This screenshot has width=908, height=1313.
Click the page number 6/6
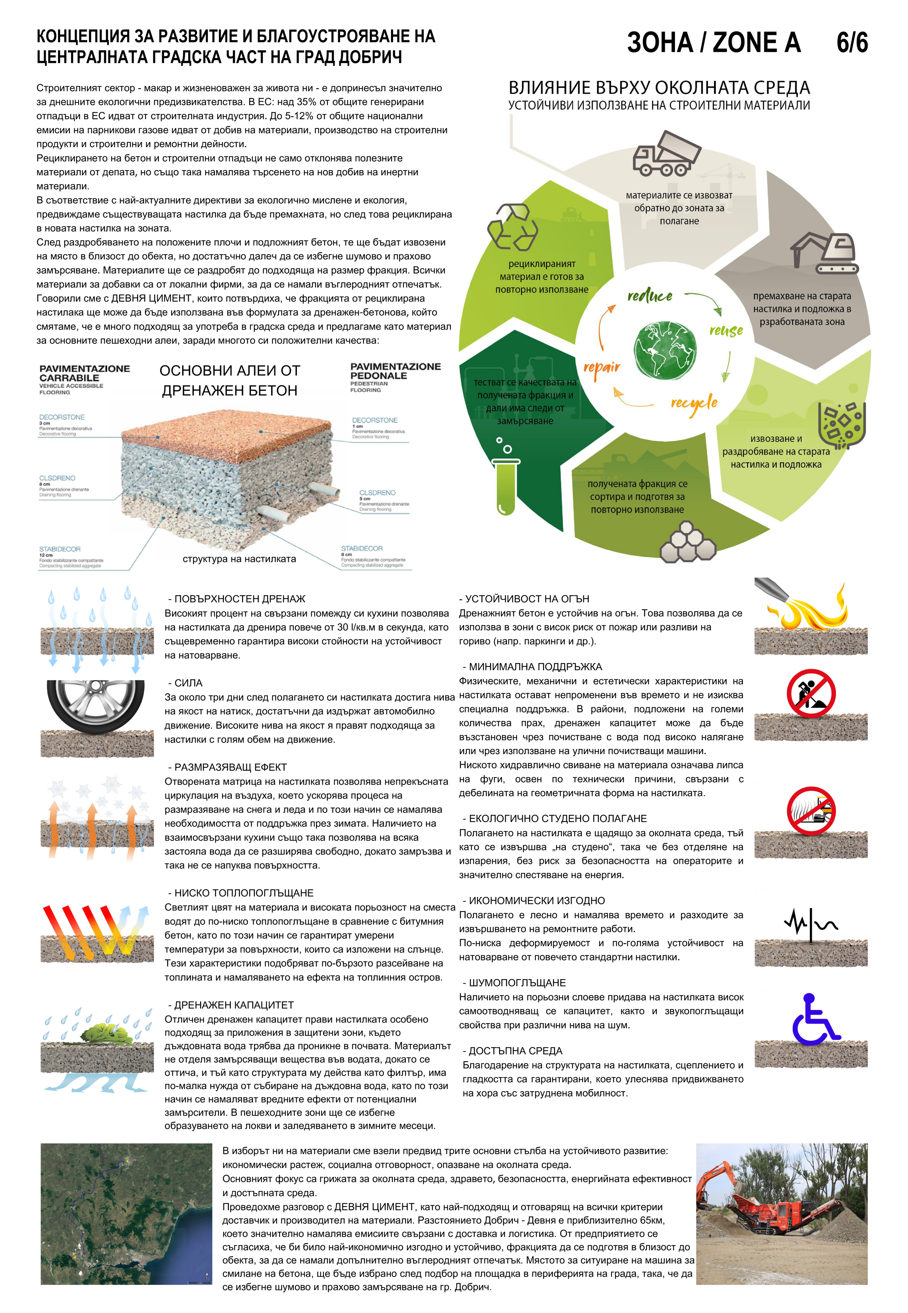tap(852, 43)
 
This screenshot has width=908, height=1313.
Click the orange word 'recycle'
tap(694, 404)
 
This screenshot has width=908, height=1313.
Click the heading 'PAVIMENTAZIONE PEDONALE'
tap(395, 371)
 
